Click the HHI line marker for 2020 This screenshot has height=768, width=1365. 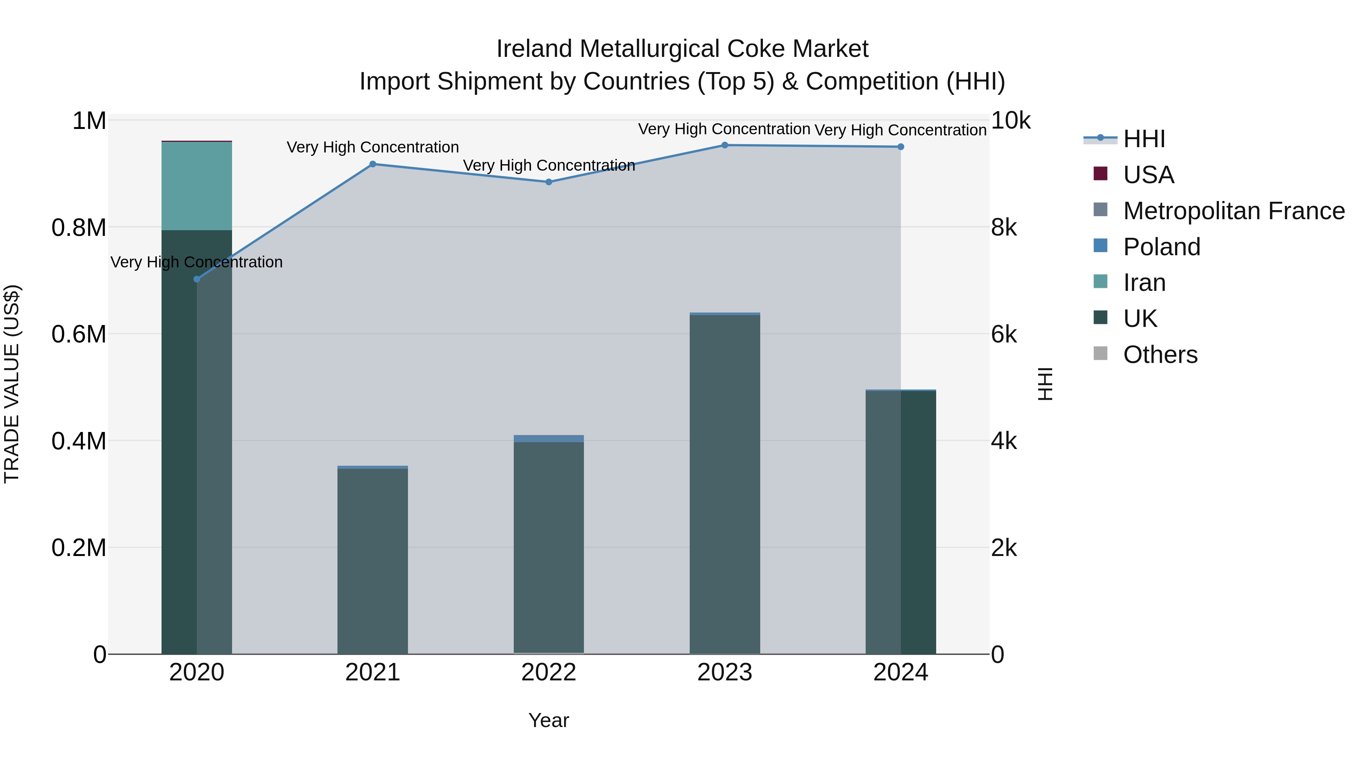[x=196, y=279]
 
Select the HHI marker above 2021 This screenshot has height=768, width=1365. [x=372, y=164]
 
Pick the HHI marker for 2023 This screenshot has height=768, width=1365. [x=725, y=145]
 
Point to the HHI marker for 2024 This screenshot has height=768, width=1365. [x=901, y=147]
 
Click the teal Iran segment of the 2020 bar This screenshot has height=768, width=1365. [x=196, y=185]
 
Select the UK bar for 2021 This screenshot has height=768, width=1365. [x=372, y=562]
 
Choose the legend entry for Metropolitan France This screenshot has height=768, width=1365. [x=1233, y=211]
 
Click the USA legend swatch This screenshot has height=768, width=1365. [x=1101, y=174]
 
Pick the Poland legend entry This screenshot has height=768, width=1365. [x=1161, y=247]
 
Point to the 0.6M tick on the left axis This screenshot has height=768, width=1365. [x=79, y=335]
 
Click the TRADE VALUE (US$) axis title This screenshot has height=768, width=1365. [x=12, y=384]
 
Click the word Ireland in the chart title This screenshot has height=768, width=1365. [x=534, y=49]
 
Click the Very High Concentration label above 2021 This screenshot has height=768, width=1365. [x=372, y=148]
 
